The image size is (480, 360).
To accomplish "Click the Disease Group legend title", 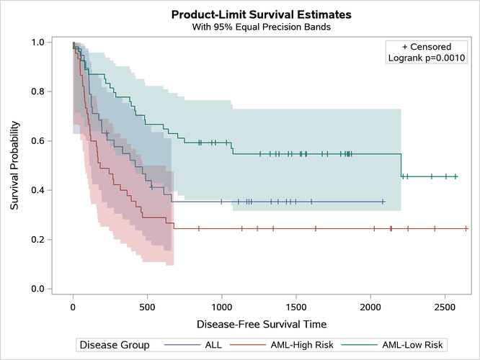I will coord(115,345).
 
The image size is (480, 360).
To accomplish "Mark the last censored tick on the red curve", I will coord(466,228).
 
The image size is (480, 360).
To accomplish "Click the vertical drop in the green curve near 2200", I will coord(401,166).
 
